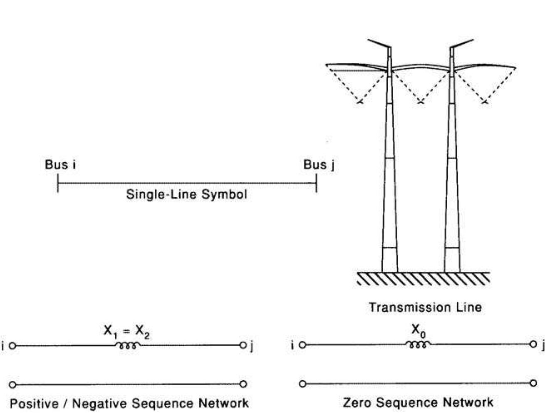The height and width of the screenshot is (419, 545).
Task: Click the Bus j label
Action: (x=319, y=165)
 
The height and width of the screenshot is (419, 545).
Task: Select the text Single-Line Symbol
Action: (x=186, y=194)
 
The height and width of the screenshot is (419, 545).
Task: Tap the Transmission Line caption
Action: (x=425, y=307)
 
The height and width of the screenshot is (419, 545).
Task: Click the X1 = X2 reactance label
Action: (x=126, y=332)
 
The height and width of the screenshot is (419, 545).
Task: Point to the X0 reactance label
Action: (x=418, y=330)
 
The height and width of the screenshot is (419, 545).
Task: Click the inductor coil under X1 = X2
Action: (x=127, y=345)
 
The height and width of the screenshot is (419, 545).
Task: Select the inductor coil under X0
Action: (x=418, y=345)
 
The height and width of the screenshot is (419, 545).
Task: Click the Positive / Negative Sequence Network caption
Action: (x=129, y=403)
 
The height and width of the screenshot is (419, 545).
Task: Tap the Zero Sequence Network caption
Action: (x=418, y=402)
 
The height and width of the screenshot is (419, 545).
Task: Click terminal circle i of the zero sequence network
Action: (x=303, y=345)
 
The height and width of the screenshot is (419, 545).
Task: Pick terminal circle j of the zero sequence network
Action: (x=533, y=344)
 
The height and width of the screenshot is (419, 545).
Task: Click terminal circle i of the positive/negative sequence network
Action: (x=13, y=345)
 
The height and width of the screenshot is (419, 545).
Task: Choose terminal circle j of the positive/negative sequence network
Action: (x=243, y=345)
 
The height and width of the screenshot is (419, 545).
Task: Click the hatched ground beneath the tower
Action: (x=423, y=278)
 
